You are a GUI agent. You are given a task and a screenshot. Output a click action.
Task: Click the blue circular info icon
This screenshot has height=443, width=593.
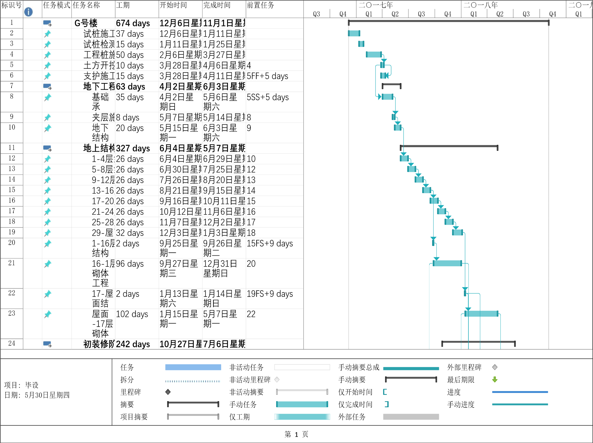point(28,12)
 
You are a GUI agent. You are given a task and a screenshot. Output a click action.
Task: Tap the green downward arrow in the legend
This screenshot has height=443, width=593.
point(495,380)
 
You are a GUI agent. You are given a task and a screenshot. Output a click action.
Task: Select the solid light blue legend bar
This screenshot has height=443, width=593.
point(193,367)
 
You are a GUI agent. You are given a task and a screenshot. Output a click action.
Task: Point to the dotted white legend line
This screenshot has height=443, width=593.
point(193,381)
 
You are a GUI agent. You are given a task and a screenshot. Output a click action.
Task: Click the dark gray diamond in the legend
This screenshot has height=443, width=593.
point(168,392)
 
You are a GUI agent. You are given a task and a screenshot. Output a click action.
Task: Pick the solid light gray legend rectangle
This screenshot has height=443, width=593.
point(411,417)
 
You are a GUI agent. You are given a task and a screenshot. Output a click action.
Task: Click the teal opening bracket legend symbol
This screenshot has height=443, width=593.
point(385,392)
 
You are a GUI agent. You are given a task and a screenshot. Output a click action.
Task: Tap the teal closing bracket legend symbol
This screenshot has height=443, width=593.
point(387,404)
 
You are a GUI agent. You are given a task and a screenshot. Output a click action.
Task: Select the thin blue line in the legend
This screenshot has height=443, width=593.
point(520,392)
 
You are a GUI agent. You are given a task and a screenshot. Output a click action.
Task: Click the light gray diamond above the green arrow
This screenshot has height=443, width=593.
point(495,367)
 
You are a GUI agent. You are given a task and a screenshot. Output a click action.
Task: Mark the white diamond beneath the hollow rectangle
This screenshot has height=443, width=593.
point(277,380)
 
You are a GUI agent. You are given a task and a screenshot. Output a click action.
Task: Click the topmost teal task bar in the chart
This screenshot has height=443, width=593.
point(354,33)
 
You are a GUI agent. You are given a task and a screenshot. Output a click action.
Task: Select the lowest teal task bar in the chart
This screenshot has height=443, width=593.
point(481,314)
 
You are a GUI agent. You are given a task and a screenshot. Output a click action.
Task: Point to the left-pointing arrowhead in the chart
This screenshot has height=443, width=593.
point(387,76)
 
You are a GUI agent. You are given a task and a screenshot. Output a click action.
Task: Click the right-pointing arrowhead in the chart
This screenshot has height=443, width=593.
point(379,97)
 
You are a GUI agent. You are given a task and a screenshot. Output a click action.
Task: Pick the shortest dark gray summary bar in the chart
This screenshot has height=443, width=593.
point(392,85)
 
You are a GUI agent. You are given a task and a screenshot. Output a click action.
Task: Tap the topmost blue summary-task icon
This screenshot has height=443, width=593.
point(47,23)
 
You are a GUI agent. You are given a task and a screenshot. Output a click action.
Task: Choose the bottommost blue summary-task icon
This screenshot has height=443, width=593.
point(47,344)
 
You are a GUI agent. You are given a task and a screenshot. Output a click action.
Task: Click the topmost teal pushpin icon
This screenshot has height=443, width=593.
point(47,34)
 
